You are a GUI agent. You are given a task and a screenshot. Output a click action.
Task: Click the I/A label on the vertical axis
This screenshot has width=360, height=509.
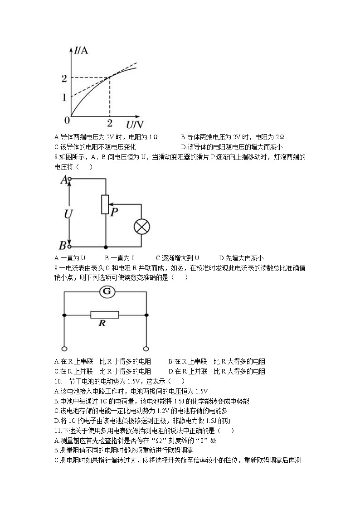click(81, 50)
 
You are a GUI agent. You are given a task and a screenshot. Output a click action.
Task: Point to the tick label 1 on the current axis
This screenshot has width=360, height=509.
click(64, 97)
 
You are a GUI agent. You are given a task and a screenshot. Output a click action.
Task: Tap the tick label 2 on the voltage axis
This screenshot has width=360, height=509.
click(109, 123)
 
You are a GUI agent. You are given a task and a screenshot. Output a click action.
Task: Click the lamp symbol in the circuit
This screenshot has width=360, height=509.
click(141, 227)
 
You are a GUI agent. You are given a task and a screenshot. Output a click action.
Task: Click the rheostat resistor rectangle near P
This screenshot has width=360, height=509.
click(105, 204)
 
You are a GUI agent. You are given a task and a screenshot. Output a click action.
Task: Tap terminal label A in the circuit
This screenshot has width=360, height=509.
click(63, 179)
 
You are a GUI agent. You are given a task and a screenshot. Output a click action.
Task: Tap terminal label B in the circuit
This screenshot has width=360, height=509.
click(63, 246)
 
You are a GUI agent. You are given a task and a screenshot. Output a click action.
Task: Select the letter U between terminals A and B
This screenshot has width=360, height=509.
click(68, 213)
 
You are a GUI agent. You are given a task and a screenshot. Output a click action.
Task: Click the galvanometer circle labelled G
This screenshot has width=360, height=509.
click(107, 292)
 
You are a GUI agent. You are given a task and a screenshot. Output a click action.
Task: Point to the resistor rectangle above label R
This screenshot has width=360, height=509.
click(105, 315)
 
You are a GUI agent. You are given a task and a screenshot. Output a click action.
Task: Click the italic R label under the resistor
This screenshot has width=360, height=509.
click(102, 324)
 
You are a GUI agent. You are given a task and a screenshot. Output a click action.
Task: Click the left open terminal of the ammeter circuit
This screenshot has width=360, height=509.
click(64, 349)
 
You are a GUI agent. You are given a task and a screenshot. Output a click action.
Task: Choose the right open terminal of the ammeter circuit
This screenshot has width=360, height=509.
click(146, 349)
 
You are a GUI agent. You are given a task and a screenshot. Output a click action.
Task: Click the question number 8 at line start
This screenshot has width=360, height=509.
click(55, 157)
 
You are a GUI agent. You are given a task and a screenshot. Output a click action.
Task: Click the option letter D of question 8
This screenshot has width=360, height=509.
click(221, 258)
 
